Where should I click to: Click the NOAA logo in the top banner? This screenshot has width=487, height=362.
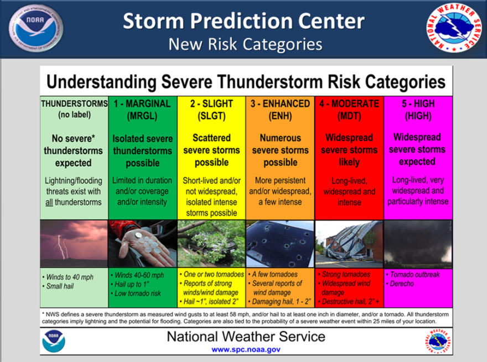tap(36, 28)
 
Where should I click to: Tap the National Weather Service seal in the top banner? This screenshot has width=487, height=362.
tap(454, 28)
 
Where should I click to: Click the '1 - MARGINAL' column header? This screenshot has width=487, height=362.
tap(142, 103)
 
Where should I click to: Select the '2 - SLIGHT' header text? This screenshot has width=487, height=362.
tap(211, 103)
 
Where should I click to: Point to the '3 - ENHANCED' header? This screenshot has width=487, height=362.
tap(280, 103)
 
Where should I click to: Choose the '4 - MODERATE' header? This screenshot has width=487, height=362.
tap(349, 103)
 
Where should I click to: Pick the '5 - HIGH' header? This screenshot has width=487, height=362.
tap(418, 103)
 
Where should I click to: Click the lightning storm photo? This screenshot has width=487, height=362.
tap(74, 244)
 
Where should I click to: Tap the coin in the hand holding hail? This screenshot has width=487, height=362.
tap(137, 236)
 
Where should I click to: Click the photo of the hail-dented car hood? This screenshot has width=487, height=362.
tap(280, 244)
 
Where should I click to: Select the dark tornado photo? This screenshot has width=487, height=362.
tap(418, 244)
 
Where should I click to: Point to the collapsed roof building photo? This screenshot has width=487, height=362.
tap(349, 244)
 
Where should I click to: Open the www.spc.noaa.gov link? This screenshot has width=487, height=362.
tap(246, 350)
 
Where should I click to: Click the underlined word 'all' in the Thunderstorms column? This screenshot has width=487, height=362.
tap(49, 202)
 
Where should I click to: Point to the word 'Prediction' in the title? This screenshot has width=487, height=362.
tap(242, 21)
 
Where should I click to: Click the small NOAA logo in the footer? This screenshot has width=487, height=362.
tap(54, 341)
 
